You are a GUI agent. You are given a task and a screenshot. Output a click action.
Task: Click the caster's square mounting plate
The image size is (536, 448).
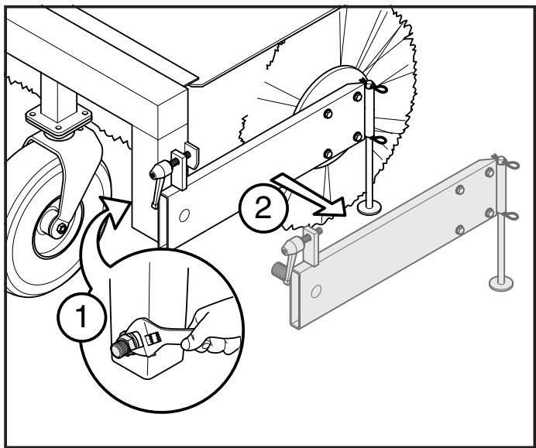pyautogui.click(x=55, y=119)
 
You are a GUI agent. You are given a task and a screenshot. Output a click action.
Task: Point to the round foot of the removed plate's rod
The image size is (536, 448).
pyautogui.click(x=500, y=284)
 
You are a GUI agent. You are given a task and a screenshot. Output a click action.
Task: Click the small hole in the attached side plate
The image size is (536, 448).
pyautogui.click(x=182, y=216)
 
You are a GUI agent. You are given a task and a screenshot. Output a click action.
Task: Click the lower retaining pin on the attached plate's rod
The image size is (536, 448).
pyautogui.click(x=380, y=139)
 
